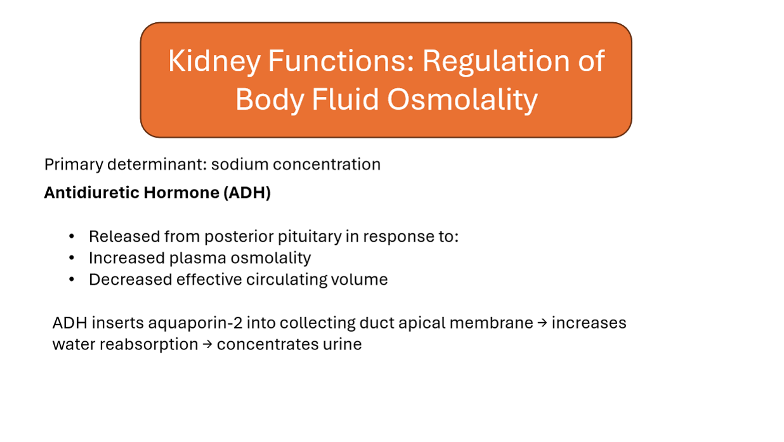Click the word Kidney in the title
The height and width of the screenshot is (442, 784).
click(x=214, y=62)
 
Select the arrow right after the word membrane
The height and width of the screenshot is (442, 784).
click(x=542, y=323)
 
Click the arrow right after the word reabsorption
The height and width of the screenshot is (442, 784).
click(x=207, y=345)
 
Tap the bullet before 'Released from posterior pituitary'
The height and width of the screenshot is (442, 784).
click(x=72, y=237)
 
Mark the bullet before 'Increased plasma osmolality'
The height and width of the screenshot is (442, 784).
click(x=72, y=259)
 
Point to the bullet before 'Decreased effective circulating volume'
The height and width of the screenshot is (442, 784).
click(x=72, y=280)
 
